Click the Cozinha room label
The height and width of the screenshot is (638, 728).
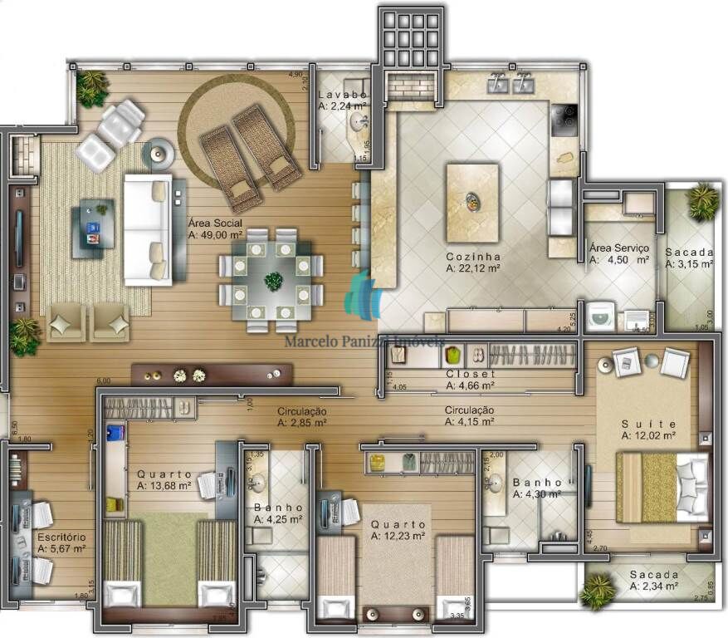472,256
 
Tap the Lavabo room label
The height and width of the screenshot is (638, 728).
341,96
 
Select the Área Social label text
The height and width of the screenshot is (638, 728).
215,223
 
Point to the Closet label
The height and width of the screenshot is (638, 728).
471,374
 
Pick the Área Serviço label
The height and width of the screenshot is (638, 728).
618,248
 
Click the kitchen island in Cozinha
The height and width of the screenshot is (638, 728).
472,202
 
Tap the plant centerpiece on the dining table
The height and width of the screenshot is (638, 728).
272,281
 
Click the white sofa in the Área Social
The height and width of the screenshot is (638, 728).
148,228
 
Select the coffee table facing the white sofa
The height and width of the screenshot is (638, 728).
92,228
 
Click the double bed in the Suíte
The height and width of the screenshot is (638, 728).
662,487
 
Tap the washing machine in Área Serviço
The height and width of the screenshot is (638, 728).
599,316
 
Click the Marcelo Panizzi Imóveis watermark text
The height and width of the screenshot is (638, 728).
364,341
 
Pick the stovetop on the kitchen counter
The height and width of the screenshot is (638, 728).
565,118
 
